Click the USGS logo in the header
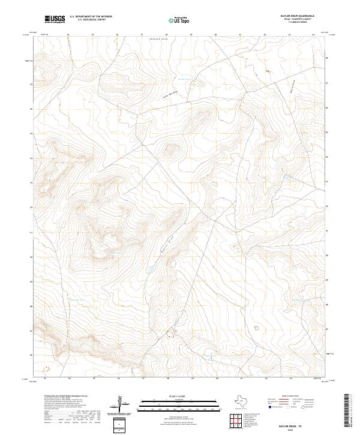point(55,20)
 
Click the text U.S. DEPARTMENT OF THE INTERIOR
point(91,17)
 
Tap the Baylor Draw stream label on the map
point(167,243)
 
